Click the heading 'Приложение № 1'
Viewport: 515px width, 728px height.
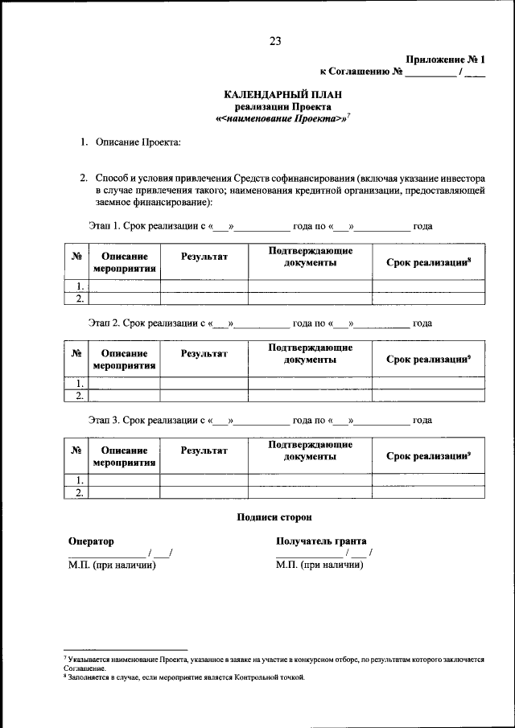tap(446, 60)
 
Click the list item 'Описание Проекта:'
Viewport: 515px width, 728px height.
tap(138, 142)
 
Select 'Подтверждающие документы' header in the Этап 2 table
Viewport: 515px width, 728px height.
tap(310, 354)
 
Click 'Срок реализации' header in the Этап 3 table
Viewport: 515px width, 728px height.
tap(427, 456)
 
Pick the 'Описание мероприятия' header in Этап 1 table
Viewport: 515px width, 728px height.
tap(124, 262)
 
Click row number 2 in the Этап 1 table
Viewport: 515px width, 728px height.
tap(79, 298)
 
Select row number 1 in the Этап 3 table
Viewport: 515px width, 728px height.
tap(79, 480)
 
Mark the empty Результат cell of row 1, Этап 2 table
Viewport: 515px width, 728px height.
tap(204, 383)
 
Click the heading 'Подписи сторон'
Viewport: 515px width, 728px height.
tap(274, 517)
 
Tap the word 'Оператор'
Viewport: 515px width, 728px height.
tap(91, 541)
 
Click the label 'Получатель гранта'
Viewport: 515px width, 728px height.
tap(321, 541)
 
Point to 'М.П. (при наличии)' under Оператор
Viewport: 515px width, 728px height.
tap(111, 565)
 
